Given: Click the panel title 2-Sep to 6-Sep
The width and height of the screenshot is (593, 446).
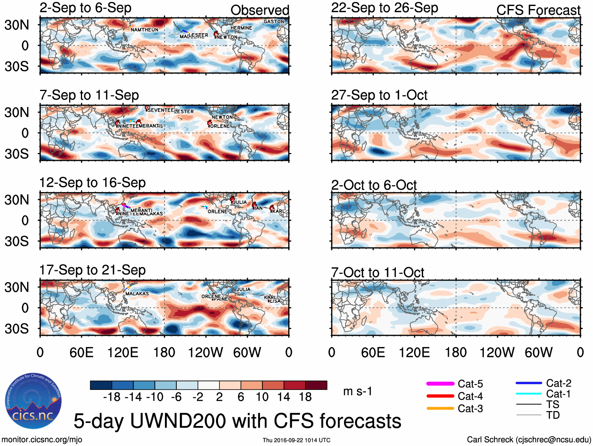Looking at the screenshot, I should click(x=85, y=8).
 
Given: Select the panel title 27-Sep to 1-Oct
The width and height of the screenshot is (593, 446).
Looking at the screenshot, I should click(x=379, y=95).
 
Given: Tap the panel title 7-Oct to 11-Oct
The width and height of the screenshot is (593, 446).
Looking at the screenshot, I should click(x=377, y=272).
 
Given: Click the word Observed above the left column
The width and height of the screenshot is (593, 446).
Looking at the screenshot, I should click(x=260, y=10).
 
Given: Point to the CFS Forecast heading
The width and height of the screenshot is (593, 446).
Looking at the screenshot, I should click(x=538, y=10).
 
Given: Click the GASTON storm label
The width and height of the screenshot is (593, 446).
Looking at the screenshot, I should click(x=274, y=22).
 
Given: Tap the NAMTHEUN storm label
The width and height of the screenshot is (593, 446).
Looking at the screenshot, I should click(x=145, y=30).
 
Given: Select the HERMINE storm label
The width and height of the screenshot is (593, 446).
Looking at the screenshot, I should click(x=241, y=28).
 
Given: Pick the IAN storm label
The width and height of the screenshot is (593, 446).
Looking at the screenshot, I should click(x=258, y=208).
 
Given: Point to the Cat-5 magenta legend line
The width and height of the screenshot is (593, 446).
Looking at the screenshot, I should click(x=440, y=384).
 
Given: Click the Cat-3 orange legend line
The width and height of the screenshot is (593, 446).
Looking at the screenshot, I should click(x=440, y=408).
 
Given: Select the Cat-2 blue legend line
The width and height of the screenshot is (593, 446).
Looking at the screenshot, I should click(x=529, y=383).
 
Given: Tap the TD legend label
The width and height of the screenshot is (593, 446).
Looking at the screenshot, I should click(x=553, y=415).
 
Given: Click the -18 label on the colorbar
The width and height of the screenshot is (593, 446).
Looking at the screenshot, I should click(x=112, y=397).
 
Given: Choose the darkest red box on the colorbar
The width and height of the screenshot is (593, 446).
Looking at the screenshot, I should click(x=316, y=385).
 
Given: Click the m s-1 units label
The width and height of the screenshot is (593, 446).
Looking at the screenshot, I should click(x=357, y=391).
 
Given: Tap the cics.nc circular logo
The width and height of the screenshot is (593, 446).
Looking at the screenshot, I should click(x=33, y=401).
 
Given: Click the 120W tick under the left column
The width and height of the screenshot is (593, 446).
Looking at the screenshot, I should click(x=205, y=352).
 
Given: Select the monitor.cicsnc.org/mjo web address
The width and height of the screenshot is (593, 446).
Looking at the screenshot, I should click(x=42, y=440).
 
